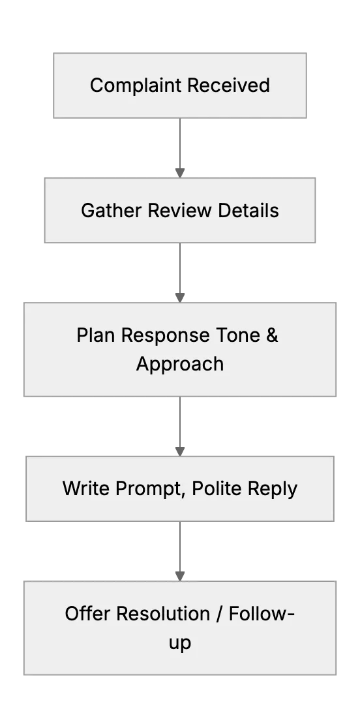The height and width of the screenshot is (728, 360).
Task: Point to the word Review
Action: pyautogui.click(x=180, y=210)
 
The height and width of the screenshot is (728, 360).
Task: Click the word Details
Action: pyautogui.click(x=248, y=210)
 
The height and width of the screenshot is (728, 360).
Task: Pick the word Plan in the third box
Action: pyautogui.click(x=96, y=335)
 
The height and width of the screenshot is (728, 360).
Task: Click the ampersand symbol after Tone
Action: pyautogui.click(x=272, y=335)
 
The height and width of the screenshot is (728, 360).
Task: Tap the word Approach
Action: pyautogui.click(x=180, y=365)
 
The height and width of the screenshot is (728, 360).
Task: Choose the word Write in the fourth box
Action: pyautogui.click(x=86, y=489)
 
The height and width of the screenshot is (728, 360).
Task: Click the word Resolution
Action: pyautogui.click(x=163, y=614)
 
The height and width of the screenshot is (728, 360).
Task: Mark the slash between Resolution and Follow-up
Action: pyautogui.click(x=219, y=614)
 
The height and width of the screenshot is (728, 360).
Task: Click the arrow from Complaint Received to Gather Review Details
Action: pyautogui.click(x=180, y=147)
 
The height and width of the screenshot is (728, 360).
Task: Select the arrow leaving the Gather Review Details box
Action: pyautogui.click(x=180, y=273)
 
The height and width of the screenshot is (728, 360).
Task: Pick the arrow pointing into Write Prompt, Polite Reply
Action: pyautogui.click(x=180, y=426)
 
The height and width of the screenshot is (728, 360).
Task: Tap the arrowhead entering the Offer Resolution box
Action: pyautogui.click(x=180, y=576)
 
